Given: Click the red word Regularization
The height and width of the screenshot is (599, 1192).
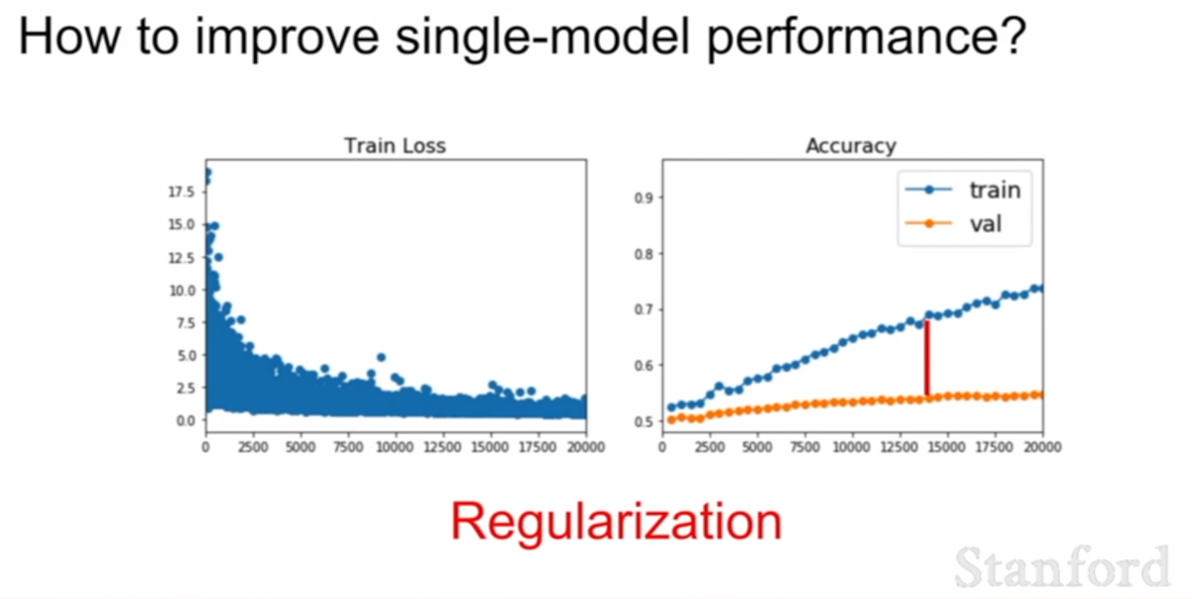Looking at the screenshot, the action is point(616,522).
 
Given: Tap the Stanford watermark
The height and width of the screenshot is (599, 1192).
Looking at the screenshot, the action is point(1062,567).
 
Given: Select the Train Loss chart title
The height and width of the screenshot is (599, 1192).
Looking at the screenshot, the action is point(395,146).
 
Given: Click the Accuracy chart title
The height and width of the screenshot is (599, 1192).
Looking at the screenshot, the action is point(851,146).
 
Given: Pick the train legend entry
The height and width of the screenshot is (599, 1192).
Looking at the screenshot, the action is point(963,189).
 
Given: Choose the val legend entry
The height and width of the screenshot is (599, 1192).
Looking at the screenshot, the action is point(954,223).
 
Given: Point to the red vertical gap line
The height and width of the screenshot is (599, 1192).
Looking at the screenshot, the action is point(927,358).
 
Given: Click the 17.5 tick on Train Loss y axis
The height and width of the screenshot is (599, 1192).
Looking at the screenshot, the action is point(182,191).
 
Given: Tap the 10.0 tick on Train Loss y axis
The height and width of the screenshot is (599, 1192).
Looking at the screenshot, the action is point(182,291).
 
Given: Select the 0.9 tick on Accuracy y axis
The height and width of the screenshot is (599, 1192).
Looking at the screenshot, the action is point(644,198).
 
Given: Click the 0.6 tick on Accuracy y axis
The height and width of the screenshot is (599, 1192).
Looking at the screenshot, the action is point(644,366).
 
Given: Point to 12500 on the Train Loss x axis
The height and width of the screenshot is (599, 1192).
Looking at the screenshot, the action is point(442,447).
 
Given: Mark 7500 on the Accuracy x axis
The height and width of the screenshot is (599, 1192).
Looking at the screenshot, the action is point(804,447).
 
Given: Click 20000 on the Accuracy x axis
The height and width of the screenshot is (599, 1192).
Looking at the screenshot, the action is point(1042,447).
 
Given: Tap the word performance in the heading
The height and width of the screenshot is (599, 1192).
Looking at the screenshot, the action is point(867,38).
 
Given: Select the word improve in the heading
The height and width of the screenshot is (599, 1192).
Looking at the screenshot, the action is point(288,38).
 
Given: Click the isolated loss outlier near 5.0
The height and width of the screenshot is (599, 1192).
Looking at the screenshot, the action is point(381,357).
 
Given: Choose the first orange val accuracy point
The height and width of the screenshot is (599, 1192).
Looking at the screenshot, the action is point(671,419).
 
